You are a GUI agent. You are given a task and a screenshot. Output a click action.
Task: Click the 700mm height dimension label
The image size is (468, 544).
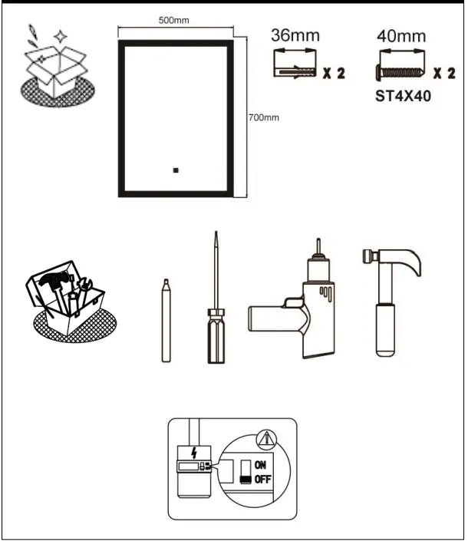tap(263, 117)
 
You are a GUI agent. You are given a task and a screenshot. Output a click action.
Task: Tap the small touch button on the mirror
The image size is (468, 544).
tap(176, 171)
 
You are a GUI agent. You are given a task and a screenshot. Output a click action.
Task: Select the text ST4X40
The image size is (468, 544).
tap(403, 97)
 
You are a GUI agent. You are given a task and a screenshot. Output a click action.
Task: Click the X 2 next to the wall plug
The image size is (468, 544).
tap(335, 74)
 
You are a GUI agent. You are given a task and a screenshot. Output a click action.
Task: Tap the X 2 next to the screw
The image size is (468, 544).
tap(444, 74)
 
